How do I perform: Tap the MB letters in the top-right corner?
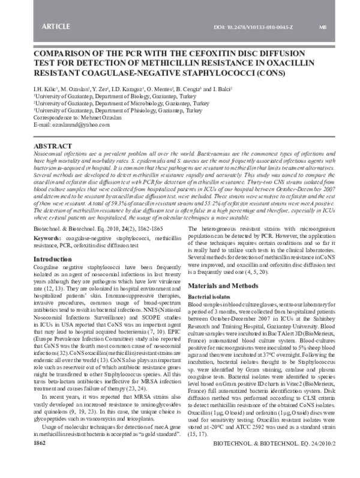point(322,28)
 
